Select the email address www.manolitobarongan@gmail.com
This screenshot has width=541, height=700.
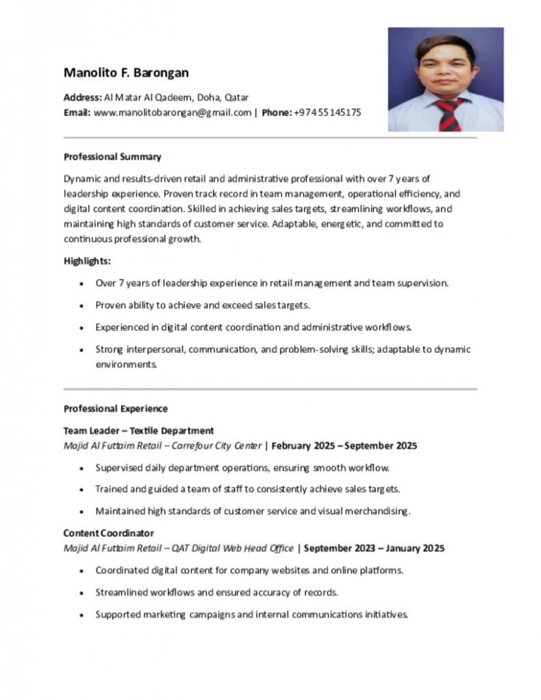(172, 112)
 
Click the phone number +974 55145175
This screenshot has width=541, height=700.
(328, 112)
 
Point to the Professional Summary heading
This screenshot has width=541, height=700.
(113, 156)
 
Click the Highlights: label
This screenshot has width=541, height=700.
(87, 261)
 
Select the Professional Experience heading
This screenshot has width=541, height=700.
(116, 408)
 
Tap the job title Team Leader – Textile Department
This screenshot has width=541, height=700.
(139, 430)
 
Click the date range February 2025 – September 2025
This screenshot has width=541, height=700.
(344, 446)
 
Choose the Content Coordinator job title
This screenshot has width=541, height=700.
(108, 532)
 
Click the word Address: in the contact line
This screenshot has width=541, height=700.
(82, 97)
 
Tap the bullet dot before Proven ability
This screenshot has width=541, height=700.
(84, 306)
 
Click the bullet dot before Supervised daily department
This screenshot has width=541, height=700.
(84, 468)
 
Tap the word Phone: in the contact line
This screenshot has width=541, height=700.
(276, 112)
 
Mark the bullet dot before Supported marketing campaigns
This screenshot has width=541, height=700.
(84, 614)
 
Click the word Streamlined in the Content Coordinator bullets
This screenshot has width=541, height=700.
(121, 592)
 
